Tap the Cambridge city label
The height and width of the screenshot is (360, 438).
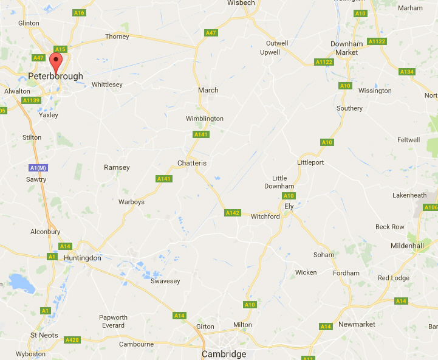[x=224, y=354]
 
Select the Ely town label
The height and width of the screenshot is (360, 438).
[x=289, y=206]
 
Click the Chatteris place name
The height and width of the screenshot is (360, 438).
[x=192, y=163]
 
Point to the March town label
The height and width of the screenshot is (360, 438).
[x=208, y=90]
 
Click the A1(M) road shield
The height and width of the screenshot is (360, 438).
[x=38, y=167]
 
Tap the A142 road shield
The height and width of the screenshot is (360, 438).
[x=233, y=213]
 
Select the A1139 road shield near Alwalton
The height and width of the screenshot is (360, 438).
[x=30, y=100]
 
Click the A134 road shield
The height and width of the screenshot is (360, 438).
[x=406, y=72]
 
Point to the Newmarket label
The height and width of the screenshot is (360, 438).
[x=357, y=324]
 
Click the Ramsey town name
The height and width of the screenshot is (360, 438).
[x=117, y=167]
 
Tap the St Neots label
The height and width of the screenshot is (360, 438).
[x=44, y=335]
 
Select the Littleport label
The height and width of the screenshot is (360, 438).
[x=310, y=163]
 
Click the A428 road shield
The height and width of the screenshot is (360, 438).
[x=72, y=340]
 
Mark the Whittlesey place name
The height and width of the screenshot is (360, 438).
[x=107, y=85]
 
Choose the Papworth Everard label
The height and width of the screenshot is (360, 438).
[x=114, y=321]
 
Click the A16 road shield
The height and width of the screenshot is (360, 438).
[x=78, y=12]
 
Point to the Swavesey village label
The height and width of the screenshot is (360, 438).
[x=165, y=281]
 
